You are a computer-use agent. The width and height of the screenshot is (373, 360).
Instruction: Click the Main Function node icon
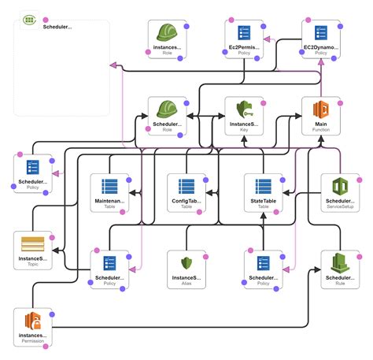[320, 109]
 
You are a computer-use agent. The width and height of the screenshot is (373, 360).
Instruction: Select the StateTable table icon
[262, 187]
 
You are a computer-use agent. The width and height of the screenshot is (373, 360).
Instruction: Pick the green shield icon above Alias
[186, 263]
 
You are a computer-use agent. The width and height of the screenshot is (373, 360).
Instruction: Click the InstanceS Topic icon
[32, 244]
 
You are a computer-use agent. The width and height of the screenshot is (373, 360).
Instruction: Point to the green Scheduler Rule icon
[340, 262]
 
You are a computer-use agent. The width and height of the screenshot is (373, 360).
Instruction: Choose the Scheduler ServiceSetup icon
[339, 187]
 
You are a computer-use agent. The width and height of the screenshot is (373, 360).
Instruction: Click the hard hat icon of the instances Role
[167, 33]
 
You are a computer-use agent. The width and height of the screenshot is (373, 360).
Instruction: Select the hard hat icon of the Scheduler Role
[167, 109]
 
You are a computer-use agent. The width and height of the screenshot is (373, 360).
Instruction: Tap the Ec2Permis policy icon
[244, 33]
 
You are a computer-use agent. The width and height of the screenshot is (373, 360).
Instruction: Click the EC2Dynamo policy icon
[320, 33]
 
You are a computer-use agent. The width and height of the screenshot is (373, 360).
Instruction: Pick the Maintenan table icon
[109, 187]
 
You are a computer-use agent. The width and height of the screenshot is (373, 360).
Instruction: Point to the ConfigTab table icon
[186, 187]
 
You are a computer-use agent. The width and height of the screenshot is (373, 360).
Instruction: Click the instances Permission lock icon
[33, 321]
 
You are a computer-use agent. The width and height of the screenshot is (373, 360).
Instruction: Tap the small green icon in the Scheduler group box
[29, 17]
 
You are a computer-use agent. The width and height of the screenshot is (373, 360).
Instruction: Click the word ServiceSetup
[339, 208]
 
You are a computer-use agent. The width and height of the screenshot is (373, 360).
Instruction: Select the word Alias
[186, 284]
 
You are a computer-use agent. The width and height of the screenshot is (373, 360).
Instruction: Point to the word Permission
[33, 342]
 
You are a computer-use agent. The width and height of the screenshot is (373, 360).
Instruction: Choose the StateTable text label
[262, 201]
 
